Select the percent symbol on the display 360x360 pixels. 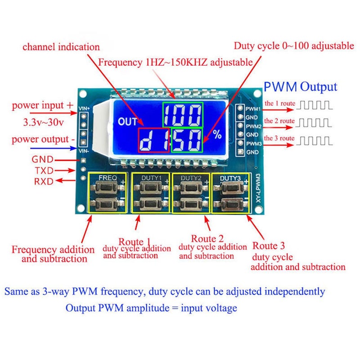pos(218,135)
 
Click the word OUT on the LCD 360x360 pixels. pos(127,121)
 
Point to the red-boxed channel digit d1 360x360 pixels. pos(152,140)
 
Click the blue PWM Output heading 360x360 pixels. pos(300,87)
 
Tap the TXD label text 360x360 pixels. pos(43,171)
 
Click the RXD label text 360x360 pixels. pos(43,181)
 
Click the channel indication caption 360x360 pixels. pos(61,47)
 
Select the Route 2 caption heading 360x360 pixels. pos(207,238)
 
